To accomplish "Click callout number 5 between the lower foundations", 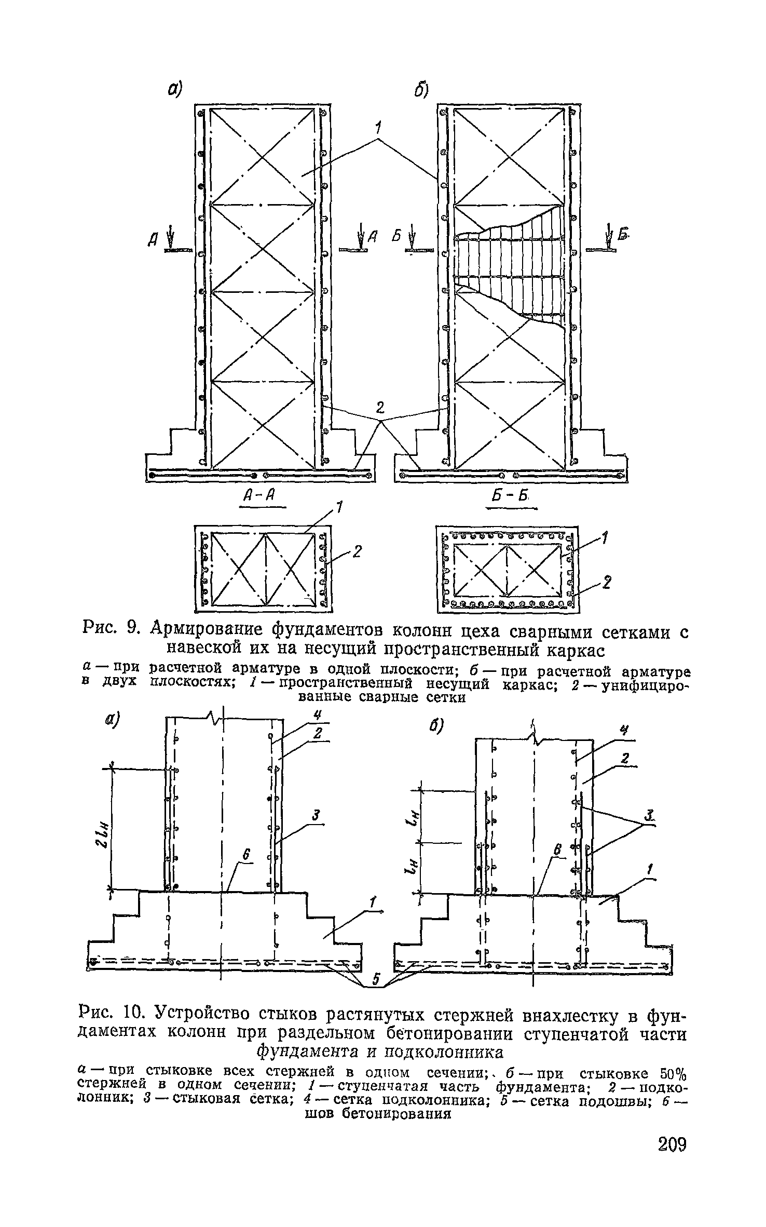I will coord(378,979).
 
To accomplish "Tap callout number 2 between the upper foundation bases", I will coord(380,406).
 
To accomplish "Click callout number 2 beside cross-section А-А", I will coord(357,552).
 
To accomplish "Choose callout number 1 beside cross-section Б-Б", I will coord(605,537).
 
